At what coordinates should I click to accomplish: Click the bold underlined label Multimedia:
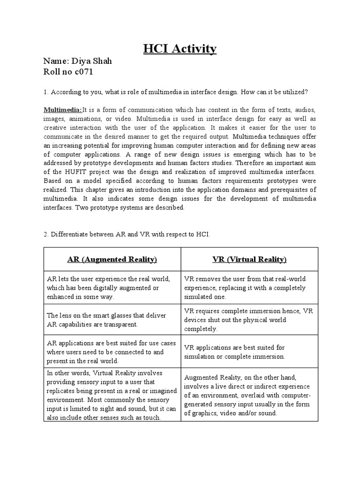click(x=63, y=110)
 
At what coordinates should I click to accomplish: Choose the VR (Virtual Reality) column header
click(x=250, y=259)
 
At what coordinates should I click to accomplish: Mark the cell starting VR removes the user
click(x=250, y=288)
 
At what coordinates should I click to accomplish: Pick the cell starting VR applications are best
click(x=250, y=352)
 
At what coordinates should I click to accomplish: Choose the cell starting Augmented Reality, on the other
click(x=250, y=395)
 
